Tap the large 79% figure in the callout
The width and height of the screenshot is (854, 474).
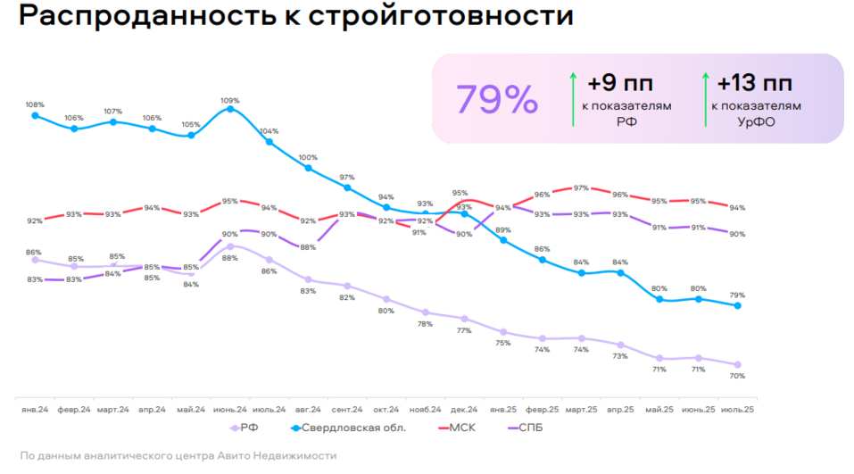point(497,100)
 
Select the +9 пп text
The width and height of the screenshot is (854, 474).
point(619,84)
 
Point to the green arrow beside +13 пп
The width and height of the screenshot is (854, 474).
point(706,97)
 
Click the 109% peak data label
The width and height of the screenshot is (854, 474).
point(230,99)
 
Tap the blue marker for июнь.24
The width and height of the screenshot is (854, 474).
point(230,109)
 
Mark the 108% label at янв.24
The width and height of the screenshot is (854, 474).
point(35,104)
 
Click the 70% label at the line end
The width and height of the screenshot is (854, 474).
point(737,376)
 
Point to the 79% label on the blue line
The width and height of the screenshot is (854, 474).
point(737,295)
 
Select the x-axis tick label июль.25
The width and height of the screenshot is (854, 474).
point(737,410)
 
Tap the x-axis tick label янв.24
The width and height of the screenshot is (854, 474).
point(36,410)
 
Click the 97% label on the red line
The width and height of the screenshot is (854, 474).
point(581,187)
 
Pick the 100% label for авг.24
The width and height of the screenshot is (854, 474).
point(308,157)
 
